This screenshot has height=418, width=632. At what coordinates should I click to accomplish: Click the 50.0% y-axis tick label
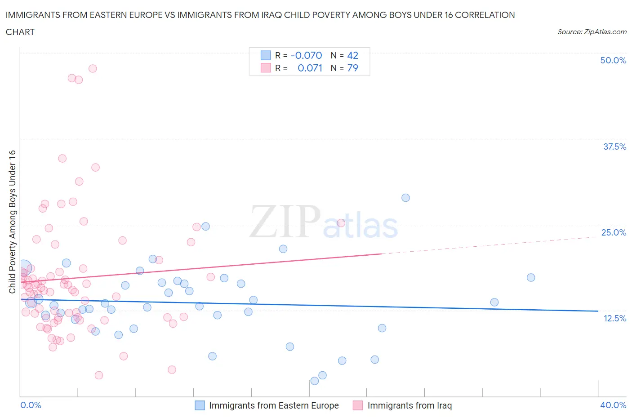point(613,60)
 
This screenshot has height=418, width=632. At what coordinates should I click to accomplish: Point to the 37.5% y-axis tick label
point(614,147)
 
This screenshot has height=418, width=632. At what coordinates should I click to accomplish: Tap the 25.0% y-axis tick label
point(614,232)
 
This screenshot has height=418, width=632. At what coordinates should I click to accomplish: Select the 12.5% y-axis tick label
point(614,318)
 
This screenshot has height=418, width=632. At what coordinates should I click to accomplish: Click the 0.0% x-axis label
point(31,405)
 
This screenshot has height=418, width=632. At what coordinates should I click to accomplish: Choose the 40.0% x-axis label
point(613,405)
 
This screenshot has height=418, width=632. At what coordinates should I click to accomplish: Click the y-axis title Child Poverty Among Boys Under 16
point(13,222)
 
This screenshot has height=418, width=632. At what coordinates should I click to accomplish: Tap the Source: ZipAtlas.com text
point(592,32)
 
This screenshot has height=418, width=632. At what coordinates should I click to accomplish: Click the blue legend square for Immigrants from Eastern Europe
point(200,405)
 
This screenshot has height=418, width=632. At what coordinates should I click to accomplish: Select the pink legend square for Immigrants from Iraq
point(358,405)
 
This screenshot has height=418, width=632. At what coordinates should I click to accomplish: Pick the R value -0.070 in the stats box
point(306,55)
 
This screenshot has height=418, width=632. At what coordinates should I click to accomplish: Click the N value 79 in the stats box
point(352,68)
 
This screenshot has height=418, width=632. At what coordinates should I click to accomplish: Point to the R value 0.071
point(310,68)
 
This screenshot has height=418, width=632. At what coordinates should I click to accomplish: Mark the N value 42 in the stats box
point(352,55)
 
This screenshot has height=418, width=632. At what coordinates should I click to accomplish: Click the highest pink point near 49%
point(93,68)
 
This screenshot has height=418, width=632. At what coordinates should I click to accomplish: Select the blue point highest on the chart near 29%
point(405,198)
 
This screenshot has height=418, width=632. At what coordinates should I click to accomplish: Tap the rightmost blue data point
point(531,277)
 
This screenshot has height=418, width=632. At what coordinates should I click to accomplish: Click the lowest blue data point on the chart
point(315,381)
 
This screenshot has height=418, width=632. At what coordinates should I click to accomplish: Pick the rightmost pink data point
point(341,223)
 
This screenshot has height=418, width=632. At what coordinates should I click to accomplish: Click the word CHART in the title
point(20,32)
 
